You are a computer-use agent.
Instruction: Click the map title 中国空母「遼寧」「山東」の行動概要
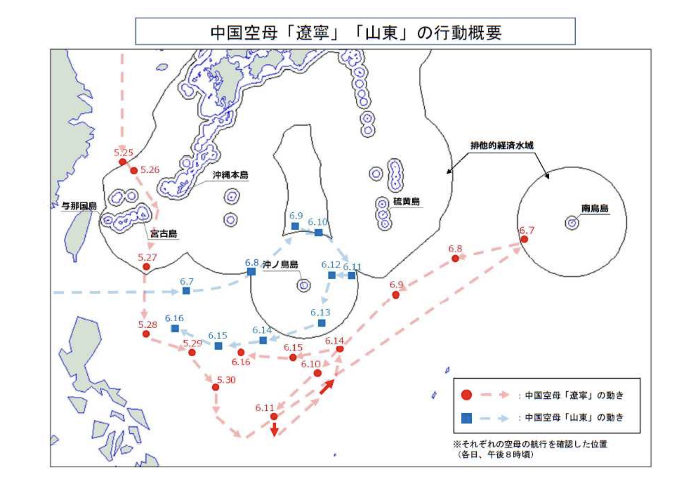coord(355,32)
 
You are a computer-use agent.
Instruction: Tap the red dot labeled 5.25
coord(123,162)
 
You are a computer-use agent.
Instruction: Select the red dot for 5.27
coord(146,267)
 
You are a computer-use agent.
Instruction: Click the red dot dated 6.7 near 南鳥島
coord(524,239)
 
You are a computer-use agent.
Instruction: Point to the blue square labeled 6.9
coord(295,226)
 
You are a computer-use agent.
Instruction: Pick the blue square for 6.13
coord(322,323)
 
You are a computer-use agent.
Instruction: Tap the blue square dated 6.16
coord(175,329)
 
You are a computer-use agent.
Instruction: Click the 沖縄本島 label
coord(231,175)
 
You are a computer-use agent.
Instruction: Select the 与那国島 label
coord(79,206)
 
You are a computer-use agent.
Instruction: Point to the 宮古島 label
coord(164,234)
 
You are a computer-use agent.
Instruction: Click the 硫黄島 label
coord(406,201)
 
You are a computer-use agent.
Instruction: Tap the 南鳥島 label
coord(594,208)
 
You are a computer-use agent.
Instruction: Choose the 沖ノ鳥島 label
coord(280,264)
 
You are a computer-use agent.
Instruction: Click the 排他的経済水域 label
coord(502,145)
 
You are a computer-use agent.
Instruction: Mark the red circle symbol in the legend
coord(466,395)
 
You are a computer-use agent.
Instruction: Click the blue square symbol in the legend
coord(466,418)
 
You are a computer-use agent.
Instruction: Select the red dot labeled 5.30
coord(216,387)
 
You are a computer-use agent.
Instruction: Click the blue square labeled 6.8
coord(251,271)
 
